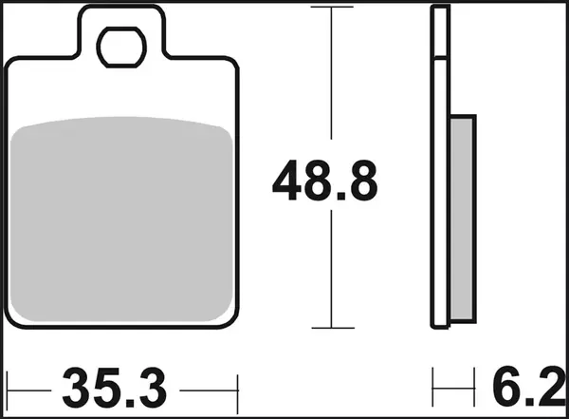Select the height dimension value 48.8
pyautogui.click(x=325, y=182)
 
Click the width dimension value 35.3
pyautogui.click(x=115, y=389)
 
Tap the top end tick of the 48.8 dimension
pyautogui.click(x=332, y=8)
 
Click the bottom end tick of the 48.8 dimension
pyautogui.click(x=332, y=328)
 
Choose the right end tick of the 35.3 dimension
pyautogui.click(x=238, y=389)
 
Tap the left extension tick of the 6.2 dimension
pyautogui.click(x=433, y=389)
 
